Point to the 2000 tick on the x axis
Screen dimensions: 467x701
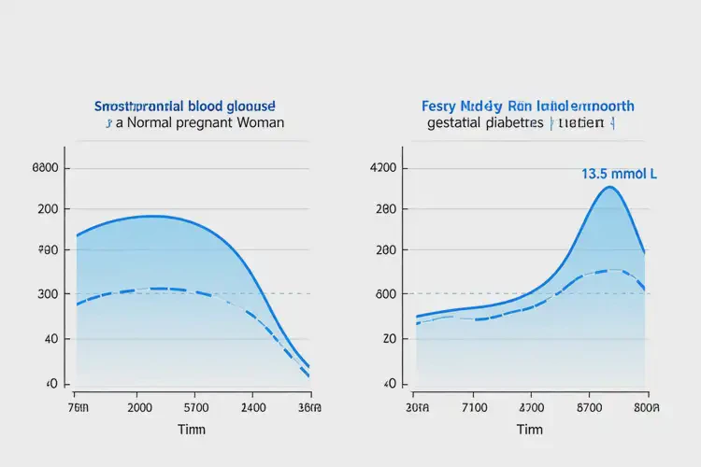139,407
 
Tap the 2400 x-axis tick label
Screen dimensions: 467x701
254,407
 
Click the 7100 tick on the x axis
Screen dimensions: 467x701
474,407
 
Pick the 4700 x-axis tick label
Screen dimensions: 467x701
531,407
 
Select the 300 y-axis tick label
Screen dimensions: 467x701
48,294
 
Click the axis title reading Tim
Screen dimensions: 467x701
530,430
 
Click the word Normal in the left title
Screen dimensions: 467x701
150,122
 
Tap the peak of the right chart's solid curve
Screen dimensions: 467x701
609,187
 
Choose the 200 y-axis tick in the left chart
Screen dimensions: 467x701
48,208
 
